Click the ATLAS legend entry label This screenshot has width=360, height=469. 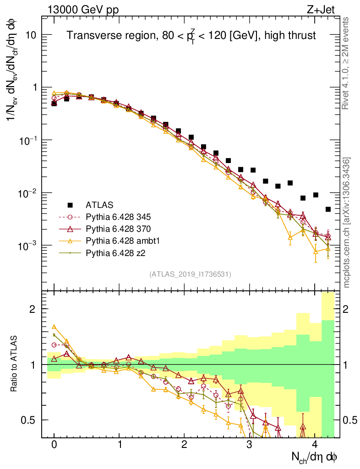click(99, 205)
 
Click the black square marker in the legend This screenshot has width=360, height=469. click(70, 205)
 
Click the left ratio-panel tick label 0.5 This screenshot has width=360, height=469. click(28, 420)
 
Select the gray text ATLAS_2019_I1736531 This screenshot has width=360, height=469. click(190, 274)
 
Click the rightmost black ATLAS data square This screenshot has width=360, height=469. click(328, 209)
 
